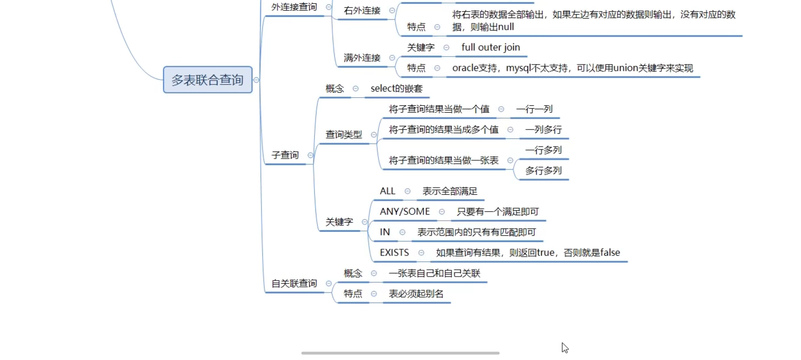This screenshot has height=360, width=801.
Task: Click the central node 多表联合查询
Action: tap(207, 80)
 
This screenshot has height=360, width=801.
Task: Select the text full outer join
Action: tap(490, 47)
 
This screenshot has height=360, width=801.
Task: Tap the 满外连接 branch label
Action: tap(362, 58)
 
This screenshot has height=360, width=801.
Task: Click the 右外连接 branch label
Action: tap(362, 11)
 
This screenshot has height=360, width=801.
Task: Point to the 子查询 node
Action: tap(285, 155)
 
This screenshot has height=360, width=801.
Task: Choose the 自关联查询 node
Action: tap(294, 283)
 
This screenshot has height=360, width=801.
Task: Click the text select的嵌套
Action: tap(396, 89)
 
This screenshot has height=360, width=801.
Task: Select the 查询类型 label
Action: tap(344, 135)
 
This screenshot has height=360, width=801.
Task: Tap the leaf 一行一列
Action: tap(534, 109)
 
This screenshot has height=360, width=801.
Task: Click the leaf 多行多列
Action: tap(543, 171)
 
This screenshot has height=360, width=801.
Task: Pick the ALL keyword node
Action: tap(387, 191)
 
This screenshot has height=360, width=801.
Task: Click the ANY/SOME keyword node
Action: tap(405, 211)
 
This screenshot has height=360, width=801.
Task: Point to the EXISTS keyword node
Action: tap(394, 253)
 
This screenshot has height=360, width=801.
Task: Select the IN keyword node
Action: tap(385, 232)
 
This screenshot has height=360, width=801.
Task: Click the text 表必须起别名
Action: tap(416, 293)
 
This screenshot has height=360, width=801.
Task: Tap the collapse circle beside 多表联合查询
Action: tap(256, 80)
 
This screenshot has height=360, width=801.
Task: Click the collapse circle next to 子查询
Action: tap(310, 155)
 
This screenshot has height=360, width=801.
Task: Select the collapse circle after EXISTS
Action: tap(421, 253)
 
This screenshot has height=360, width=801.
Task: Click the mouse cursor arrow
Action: tap(565, 348)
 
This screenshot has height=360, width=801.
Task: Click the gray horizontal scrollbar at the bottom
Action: tap(400, 353)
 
